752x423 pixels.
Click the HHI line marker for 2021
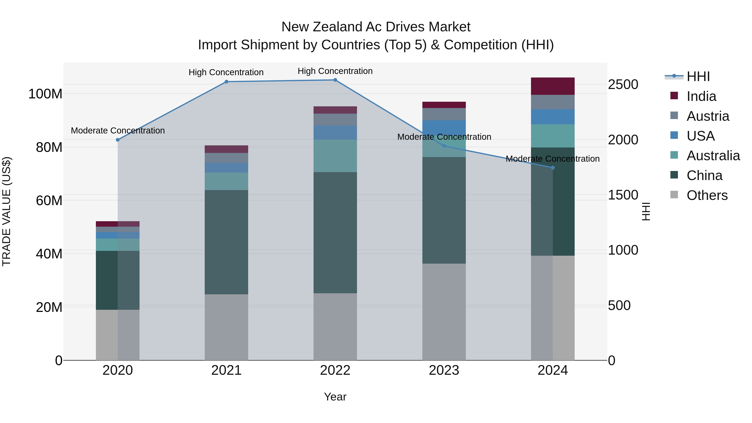[226, 82]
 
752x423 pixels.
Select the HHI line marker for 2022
[335, 80]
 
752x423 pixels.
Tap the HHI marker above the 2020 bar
[118, 140]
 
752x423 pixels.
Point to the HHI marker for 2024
[553, 168]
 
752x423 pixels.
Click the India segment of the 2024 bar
[553, 86]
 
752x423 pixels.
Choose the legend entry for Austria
[708, 116]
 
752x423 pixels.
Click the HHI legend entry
[698, 76]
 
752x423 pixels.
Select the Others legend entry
[707, 195]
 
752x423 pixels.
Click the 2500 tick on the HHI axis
[623, 85]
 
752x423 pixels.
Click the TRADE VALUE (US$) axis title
[7, 211]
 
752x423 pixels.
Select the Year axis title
[335, 397]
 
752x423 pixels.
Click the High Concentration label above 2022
[335, 71]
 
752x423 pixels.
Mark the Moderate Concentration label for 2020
[118, 131]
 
